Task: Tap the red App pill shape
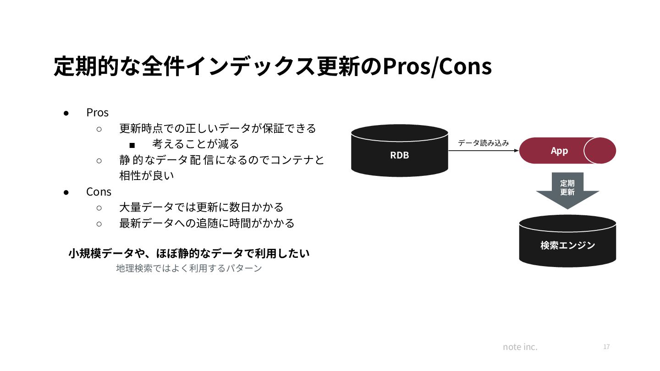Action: (x=559, y=151)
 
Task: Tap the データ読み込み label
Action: (x=483, y=143)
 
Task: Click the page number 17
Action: (x=606, y=347)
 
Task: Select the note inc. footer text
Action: (x=520, y=347)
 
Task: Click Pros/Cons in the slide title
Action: (x=437, y=67)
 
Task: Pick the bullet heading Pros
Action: (x=97, y=113)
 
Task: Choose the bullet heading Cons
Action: (x=99, y=191)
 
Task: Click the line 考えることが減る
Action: (x=196, y=144)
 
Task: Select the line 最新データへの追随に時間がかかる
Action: (x=207, y=224)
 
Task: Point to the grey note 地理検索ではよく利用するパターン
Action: (x=189, y=268)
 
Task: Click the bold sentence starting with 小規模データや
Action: (x=189, y=253)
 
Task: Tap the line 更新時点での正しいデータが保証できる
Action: (x=218, y=129)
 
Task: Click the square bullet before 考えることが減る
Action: (x=132, y=145)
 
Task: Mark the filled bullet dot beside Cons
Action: (x=66, y=192)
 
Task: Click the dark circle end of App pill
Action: (x=600, y=151)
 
